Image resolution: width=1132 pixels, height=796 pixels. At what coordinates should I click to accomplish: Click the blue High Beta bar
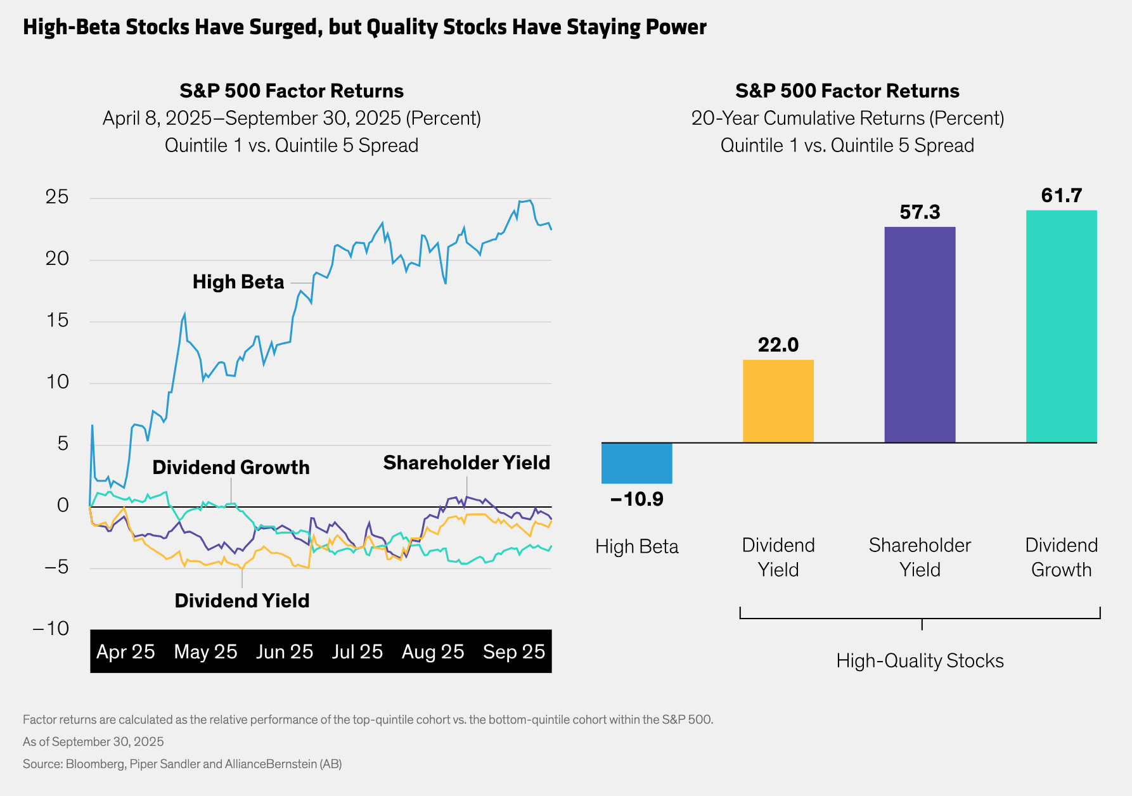coord(636,463)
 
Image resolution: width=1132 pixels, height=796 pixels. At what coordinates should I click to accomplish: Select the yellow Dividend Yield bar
coord(778,401)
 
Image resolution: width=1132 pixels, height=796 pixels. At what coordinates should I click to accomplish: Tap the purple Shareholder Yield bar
coord(920,335)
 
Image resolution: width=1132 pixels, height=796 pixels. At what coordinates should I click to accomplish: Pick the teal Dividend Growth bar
coord(1061,326)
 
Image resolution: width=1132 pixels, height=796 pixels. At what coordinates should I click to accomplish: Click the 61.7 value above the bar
coord(1061,195)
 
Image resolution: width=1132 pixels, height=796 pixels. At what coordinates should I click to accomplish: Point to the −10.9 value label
coord(636,499)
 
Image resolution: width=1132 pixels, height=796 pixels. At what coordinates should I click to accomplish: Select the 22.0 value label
coord(778,345)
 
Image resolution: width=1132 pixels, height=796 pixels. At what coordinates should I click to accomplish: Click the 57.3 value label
coord(920,212)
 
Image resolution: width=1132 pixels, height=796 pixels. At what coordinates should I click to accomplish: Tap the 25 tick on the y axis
coord(57,197)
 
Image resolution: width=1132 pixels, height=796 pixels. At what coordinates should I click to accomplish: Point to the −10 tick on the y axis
coord(51,629)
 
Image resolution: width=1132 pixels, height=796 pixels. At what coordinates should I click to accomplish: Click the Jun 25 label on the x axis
coord(285,652)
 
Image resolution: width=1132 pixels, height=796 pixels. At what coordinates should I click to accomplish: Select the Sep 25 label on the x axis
coord(513,652)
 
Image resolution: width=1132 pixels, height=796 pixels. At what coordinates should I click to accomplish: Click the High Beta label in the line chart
coord(238,282)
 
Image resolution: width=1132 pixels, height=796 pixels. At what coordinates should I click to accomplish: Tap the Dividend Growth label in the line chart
coord(231,468)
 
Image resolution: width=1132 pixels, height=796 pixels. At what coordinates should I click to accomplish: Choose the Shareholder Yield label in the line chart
coord(466,463)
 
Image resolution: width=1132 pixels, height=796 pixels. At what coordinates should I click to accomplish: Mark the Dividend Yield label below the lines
coord(242,601)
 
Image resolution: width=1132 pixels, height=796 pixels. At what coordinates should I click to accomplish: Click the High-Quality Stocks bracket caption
coord(920,661)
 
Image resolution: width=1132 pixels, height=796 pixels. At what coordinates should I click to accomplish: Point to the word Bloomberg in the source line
coord(95,764)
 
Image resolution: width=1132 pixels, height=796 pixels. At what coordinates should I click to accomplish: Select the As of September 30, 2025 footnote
coord(93,742)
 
